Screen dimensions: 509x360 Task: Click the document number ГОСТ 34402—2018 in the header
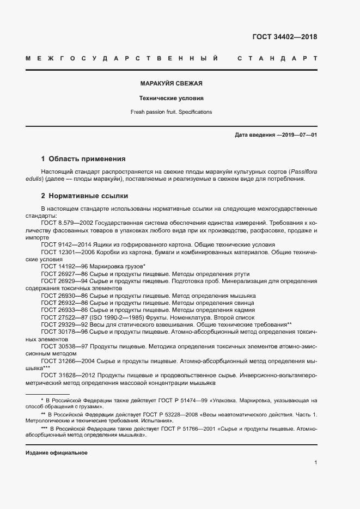[x=284, y=37]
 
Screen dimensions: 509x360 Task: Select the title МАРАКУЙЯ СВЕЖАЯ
[x=171, y=84]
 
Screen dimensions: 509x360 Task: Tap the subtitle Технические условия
[x=171, y=99]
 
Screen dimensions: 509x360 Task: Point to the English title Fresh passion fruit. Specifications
[x=171, y=112]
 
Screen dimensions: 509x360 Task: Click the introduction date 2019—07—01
[x=298, y=134]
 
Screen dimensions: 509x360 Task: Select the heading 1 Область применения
[x=83, y=159]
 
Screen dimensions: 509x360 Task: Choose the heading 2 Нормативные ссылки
[x=84, y=195]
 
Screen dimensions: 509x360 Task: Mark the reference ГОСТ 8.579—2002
[x=65, y=223]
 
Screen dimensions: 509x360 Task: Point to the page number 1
[x=315, y=463]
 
